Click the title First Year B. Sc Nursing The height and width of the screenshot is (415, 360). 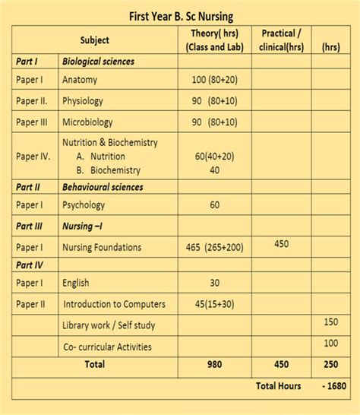click(x=181, y=15)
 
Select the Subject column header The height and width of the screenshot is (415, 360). click(x=95, y=40)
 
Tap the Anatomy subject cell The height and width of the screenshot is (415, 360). click(x=80, y=79)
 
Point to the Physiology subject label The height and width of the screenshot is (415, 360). click(x=83, y=100)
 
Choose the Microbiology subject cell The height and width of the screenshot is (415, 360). click(x=87, y=122)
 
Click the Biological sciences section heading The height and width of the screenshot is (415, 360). click(x=99, y=61)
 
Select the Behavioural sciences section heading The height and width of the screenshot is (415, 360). click(x=103, y=186)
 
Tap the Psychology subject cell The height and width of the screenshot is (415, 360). click(x=84, y=205)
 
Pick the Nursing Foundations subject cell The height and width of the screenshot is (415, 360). click(x=102, y=247)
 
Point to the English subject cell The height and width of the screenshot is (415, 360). click(x=76, y=284)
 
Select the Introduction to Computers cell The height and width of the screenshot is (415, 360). click(x=114, y=304)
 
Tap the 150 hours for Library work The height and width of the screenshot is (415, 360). click(x=331, y=322)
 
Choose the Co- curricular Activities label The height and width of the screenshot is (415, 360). click(x=107, y=347)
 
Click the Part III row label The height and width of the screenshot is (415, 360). click(x=31, y=226)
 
